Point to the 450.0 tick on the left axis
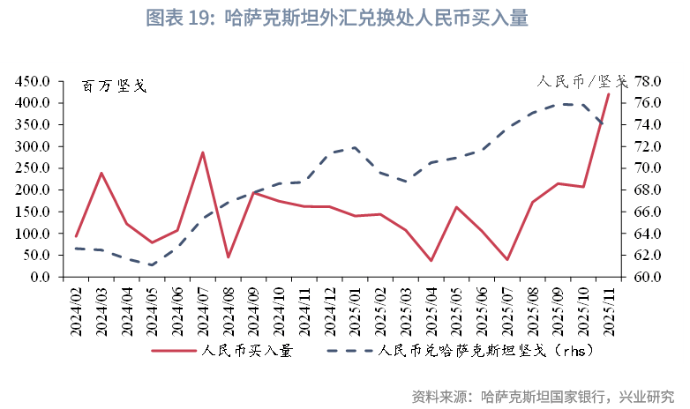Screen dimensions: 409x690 [32, 81]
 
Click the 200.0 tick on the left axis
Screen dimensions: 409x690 [32, 190]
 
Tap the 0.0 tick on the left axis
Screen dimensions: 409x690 [39, 278]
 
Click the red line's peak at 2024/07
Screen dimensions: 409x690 [203, 152]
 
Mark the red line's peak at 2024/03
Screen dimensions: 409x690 [101, 173]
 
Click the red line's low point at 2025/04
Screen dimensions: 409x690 [431, 260]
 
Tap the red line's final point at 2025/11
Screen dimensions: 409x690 [608, 93]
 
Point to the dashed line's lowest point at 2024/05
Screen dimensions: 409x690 [152, 264]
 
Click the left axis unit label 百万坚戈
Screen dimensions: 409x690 [114, 86]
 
